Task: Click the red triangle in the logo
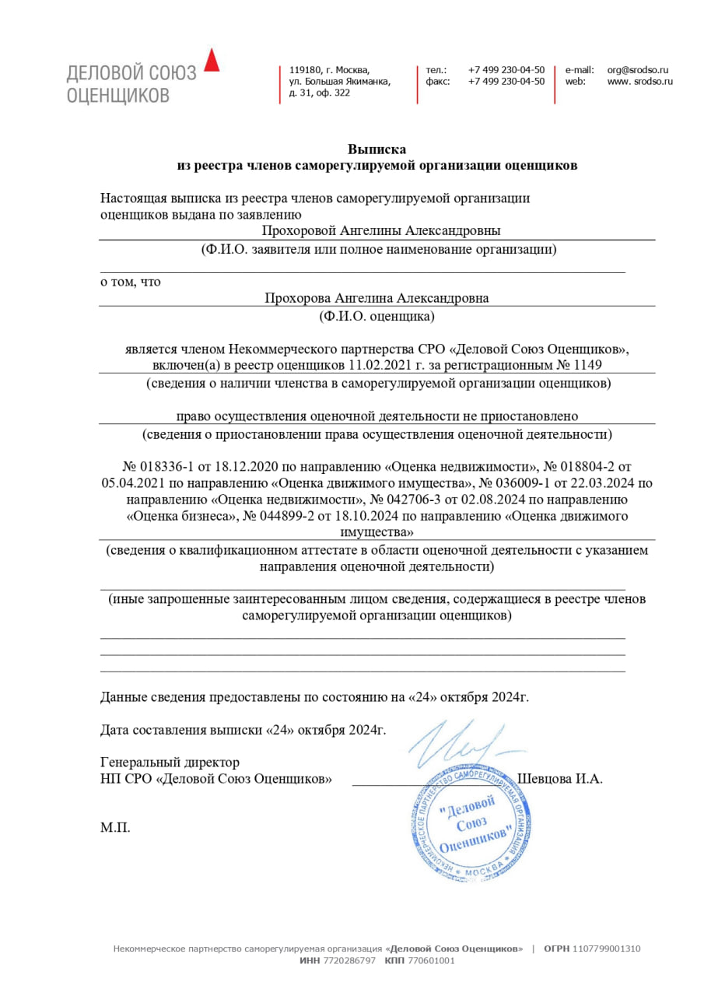click(212, 61)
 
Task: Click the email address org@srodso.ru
click(638, 69)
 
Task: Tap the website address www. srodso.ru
click(639, 81)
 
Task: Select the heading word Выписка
click(377, 149)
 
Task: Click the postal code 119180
click(304, 69)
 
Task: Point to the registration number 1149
click(588, 364)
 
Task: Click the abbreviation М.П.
click(115, 827)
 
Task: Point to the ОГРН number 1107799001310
click(607, 949)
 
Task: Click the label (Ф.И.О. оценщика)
click(377, 316)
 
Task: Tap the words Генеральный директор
click(170, 762)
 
